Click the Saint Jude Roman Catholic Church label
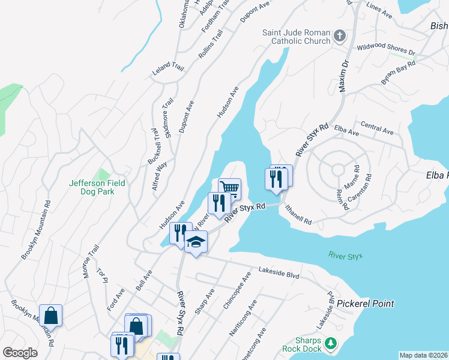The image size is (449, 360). (x=296, y=37)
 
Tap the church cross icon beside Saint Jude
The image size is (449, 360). (x=340, y=36)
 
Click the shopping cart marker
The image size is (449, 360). (x=229, y=188)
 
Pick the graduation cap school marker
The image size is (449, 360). (x=196, y=242)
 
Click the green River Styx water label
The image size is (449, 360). (x=346, y=256)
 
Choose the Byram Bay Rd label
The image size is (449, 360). (x=399, y=73)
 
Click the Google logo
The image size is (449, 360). (x=20, y=353)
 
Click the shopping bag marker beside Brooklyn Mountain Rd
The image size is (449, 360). (x=51, y=316)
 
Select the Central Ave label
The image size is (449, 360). (x=376, y=128)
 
